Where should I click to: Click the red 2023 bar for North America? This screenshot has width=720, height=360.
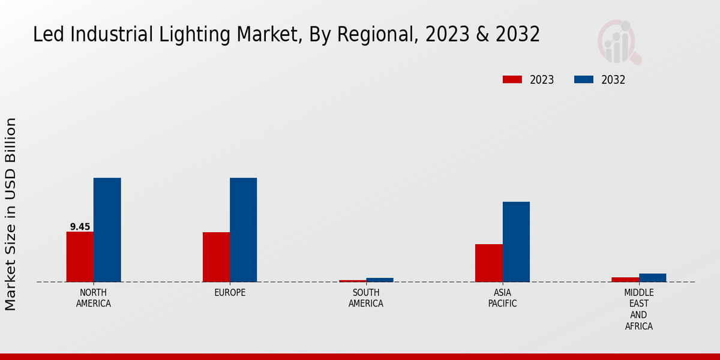tap(80, 257)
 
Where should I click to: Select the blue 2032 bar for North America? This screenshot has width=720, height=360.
tap(107, 230)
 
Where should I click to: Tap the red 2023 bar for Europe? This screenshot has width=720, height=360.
tap(216, 257)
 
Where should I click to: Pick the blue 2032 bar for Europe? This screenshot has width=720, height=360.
tap(243, 230)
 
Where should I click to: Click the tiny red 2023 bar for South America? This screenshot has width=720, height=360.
tap(352, 281)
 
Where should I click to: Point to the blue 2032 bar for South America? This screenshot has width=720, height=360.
tap(380, 280)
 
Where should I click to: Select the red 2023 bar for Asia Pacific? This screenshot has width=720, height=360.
tap(488, 263)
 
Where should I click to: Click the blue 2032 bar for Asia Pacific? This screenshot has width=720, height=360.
tap(516, 242)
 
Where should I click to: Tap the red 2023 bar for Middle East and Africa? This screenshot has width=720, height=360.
tap(625, 280)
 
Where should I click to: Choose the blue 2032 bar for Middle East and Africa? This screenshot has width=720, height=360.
tap(652, 278)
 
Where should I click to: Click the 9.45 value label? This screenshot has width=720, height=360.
tap(80, 227)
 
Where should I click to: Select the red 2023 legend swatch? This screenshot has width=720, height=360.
tap(512, 80)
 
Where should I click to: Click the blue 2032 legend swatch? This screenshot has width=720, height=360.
tap(584, 80)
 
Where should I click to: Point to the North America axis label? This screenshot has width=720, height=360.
tap(94, 298)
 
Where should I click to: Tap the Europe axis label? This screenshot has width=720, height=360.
tap(230, 293)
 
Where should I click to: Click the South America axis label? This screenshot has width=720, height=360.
tap(366, 298)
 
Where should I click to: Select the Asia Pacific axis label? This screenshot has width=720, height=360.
tap(502, 298)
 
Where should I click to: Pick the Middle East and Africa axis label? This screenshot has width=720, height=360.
tap(638, 310)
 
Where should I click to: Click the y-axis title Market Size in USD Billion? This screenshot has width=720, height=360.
tap(11, 214)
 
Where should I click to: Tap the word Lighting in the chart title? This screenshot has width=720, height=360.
tap(184, 35)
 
